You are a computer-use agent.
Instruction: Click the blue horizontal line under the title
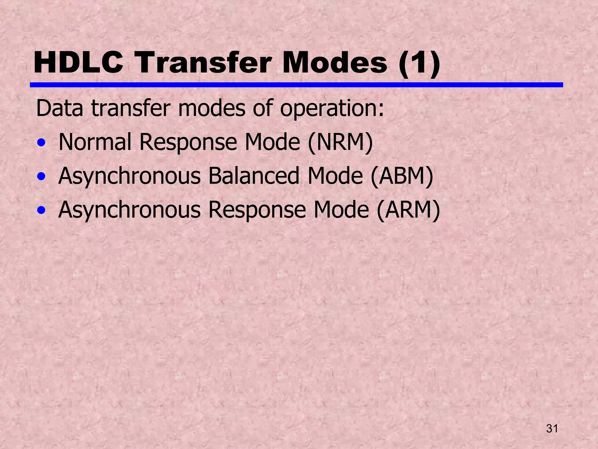[296, 85]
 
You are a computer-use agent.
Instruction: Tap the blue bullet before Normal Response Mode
[41, 143]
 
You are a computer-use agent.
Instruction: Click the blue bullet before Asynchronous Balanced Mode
[41, 177]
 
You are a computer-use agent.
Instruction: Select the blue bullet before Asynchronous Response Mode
[41, 210]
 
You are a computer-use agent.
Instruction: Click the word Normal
[95, 142]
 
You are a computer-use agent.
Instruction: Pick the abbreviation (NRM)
[340, 142]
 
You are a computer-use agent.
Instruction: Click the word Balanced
[254, 176]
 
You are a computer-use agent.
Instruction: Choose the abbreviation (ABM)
[402, 176]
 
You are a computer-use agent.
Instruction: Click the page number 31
[552, 429]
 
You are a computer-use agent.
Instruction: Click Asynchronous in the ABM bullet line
[129, 176]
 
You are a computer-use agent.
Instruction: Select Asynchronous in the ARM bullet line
[129, 210]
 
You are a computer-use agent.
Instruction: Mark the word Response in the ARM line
[257, 210]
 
